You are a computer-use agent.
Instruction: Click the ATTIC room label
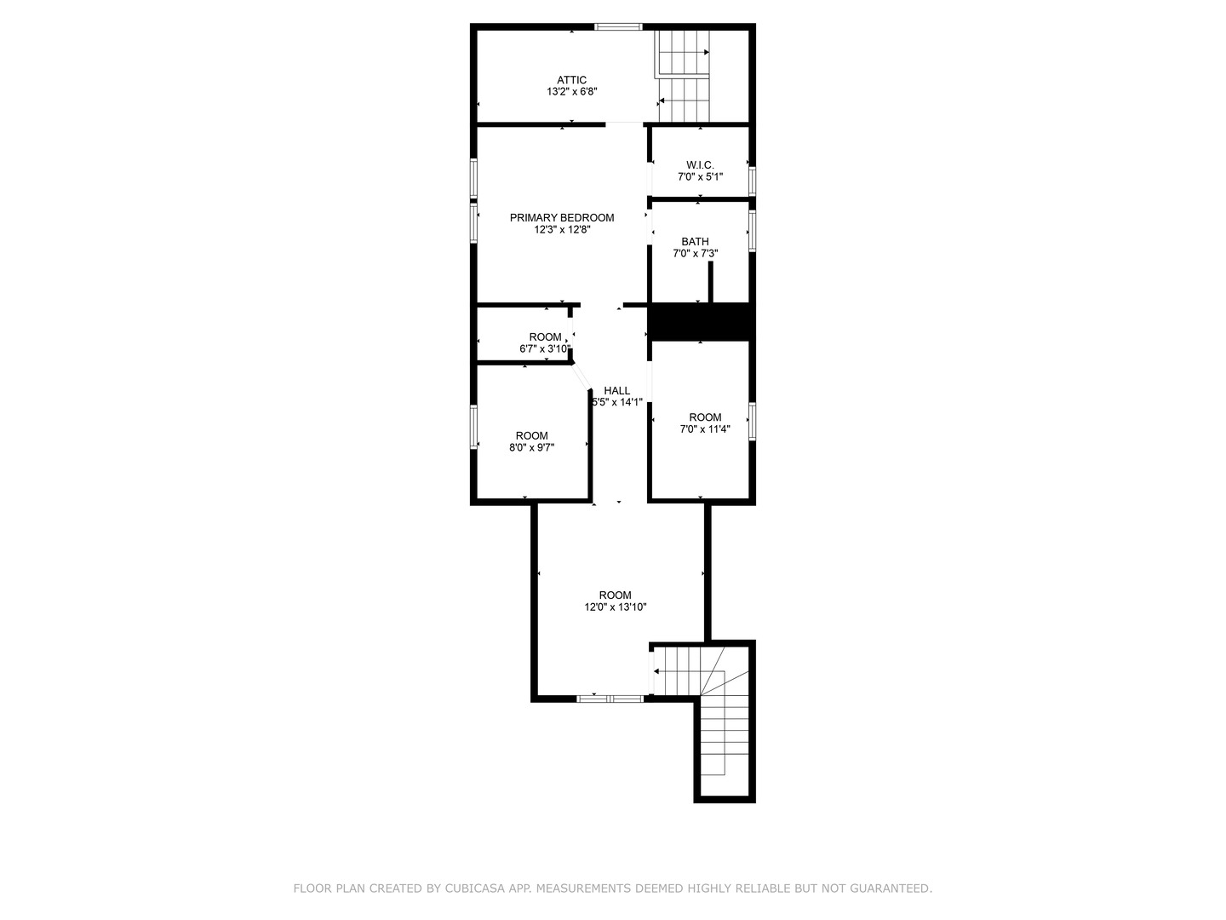pos(571,80)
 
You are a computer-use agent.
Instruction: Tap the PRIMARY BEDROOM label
pos(561,217)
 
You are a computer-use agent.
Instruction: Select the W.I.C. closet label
pos(700,164)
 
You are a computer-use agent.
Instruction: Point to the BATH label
pos(695,241)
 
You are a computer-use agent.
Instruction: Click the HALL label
pos(617,390)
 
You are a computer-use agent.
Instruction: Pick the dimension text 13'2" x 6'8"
pos(571,92)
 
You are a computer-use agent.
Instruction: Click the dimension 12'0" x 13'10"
pos(615,607)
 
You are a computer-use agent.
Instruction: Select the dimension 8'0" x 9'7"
pos(531,448)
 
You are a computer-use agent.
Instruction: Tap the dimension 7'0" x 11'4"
pos(705,429)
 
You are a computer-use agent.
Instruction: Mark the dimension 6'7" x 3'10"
pos(545,349)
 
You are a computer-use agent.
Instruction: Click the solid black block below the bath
pos(702,322)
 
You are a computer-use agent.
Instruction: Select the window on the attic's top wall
pos(618,27)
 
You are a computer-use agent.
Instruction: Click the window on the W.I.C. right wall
pos(753,181)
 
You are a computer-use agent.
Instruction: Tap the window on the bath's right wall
pos(753,230)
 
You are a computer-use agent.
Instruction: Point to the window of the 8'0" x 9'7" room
pos(473,426)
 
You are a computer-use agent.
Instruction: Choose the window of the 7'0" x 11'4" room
pos(753,421)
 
